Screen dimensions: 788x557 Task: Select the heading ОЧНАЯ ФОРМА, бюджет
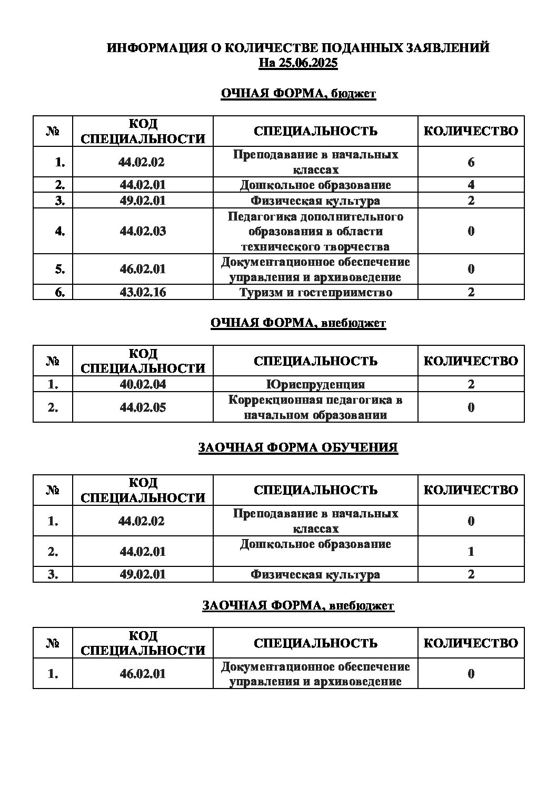(298, 94)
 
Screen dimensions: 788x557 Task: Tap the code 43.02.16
(143, 292)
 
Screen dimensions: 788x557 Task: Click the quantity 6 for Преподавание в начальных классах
(471, 162)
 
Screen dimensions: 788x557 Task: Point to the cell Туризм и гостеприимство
(315, 292)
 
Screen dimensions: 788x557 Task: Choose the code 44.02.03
(143, 231)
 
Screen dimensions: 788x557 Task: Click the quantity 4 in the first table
(471, 185)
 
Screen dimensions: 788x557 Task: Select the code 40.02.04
(143, 384)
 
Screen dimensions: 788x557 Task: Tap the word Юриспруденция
(315, 384)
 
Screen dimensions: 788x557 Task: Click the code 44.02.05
(143, 407)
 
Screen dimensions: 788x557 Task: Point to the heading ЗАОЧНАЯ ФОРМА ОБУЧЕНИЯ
(298, 448)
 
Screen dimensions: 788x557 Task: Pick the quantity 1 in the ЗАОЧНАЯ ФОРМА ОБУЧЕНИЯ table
(471, 552)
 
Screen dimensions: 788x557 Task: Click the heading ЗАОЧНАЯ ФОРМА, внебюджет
(298, 606)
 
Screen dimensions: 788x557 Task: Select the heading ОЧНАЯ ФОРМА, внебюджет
(298, 323)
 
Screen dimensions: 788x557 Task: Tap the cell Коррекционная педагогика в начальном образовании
(315, 407)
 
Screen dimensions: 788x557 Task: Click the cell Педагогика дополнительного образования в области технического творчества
(315, 231)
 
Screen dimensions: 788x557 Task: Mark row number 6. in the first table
(59, 292)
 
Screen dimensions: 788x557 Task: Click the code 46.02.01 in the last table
(143, 674)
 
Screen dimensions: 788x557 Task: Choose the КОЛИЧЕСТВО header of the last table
(471, 643)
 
